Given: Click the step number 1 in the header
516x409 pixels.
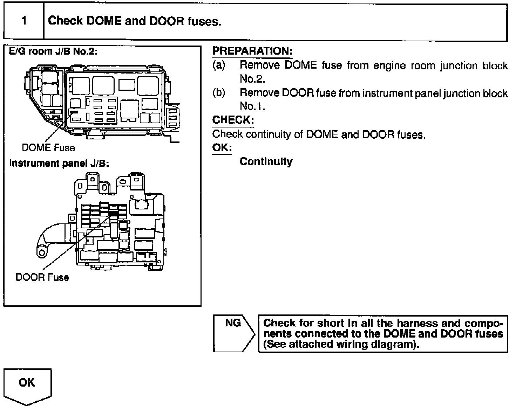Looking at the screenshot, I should click(24, 21).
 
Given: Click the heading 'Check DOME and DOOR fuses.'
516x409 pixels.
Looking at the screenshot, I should click(135, 21).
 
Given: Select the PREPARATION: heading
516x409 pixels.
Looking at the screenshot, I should click(252, 51).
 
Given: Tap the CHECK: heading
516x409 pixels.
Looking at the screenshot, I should click(233, 120).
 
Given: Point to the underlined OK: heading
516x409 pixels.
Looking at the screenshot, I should click(222, 147).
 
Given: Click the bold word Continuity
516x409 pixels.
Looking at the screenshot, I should click(266, 161).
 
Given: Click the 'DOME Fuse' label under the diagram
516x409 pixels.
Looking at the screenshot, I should click(48, 147).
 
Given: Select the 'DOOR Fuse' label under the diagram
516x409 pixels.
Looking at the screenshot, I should click(42, 277).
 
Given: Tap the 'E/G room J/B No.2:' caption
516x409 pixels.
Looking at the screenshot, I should click(53, 51).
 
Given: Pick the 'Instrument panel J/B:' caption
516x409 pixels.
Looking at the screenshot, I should click(59, 164).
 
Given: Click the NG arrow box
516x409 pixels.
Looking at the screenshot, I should click(233, 333).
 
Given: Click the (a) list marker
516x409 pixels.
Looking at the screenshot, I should click(219, 65).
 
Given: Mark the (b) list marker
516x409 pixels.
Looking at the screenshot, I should click(219, 93).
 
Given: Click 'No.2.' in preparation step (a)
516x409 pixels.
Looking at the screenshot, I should click(252, 79).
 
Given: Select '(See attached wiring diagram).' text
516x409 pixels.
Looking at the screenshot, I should click(341, 344).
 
